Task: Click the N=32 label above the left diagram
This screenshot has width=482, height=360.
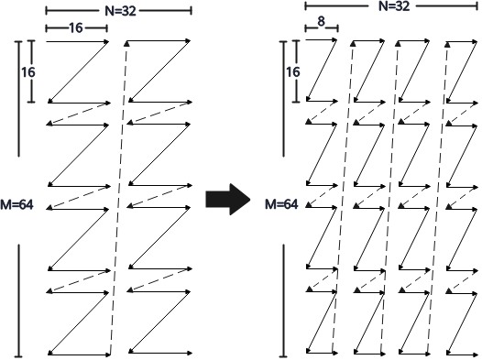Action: (x=120, y=11)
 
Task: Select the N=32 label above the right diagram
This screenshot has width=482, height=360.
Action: (x=394, y=6)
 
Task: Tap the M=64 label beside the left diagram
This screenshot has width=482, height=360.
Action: (x=16, y=204)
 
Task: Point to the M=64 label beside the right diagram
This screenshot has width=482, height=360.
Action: (x=281, y=204)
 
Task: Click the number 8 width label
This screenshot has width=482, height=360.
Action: (x=322, y=21)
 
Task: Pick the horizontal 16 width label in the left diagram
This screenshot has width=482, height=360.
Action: (x=76, y=28)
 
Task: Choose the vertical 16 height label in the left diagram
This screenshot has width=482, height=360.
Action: (x=28, y=72)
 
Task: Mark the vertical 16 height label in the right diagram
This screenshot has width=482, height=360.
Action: (x=293, y=72)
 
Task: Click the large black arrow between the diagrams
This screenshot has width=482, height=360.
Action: (x=228, y=200)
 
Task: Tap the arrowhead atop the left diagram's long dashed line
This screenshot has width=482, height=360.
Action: (x=126, y=44)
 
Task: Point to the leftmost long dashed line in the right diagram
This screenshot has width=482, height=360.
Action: (x=343, y=198)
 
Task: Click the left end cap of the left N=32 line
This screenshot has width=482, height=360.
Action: (x=46, y=11)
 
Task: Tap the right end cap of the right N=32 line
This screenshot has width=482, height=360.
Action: (x=477, y=6)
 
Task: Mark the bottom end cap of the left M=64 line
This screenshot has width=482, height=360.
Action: (x=18, y=356)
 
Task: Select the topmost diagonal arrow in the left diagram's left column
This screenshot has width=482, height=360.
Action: (x=78, y=71)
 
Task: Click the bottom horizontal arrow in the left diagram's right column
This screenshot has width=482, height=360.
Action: (x=160, y=353)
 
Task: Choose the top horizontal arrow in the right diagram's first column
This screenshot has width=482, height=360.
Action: (x=322, y=40)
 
